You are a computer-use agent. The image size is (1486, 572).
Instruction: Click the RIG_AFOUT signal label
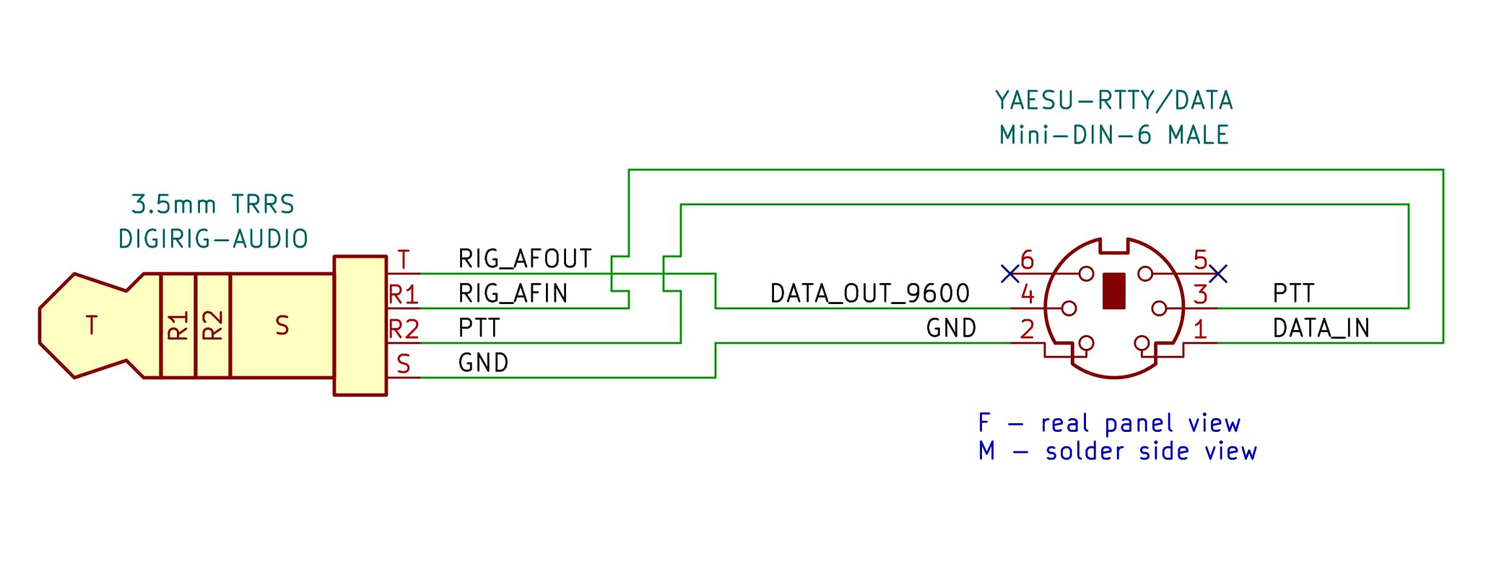point(525,259)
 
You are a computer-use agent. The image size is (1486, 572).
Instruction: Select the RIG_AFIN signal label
point(513,293)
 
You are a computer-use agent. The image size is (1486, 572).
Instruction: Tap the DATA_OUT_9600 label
point(869,293)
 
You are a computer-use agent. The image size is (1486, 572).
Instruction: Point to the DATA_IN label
point(1321,329)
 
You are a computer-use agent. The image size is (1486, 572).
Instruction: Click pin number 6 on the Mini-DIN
point(1027,259)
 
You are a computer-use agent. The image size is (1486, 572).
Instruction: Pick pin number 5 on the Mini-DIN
point(1200,259)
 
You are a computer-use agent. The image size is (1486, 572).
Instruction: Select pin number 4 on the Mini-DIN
point(1027,294)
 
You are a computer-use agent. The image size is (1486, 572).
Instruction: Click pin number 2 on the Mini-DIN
point(1027,329)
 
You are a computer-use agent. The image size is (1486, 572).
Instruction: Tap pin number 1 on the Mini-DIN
point(1200,329)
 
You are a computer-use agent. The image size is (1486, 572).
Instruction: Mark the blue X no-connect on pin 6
point(1010,274)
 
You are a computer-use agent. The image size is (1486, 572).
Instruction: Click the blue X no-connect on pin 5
point(1218,274)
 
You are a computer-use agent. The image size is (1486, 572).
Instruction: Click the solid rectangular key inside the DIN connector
point(1114,290)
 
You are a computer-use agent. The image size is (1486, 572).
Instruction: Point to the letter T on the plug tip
point(92,326)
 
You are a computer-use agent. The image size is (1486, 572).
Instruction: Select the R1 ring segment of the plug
point(178,326)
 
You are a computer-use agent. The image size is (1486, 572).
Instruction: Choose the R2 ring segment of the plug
point(213,326)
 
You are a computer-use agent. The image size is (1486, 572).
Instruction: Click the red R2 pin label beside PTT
point(404,329)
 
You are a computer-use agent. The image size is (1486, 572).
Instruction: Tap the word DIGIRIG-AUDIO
point(213,239)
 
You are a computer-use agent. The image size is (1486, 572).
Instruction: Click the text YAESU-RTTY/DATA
point(1113,100)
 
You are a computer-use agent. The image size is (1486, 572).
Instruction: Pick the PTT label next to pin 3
point(1293,293)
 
